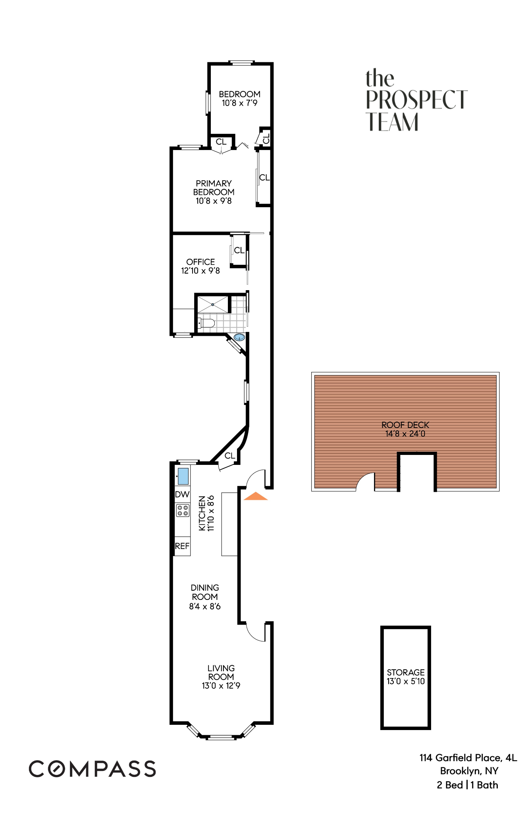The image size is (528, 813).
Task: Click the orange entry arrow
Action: click(x=256, y=496)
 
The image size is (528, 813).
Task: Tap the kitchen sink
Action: click(x=183, y=476)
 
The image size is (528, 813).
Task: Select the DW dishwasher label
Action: click(x=182, y=494)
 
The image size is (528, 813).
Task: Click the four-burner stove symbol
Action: click(x=183, y=510)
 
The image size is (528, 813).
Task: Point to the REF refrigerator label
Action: click(x=182, y=546)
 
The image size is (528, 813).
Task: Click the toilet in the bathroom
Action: click(x=207, y=323)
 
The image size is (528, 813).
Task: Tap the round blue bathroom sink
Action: click(x=239, y=337)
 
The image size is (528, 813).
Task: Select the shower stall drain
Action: click(x=213, y=304)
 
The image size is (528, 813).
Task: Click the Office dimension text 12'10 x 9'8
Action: click(x=200, y=271)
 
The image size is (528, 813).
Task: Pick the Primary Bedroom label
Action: click(x=214, y=188)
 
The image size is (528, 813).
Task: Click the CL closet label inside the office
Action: click(x=239, y=250)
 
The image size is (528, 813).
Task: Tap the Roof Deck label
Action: click(x=405, y=425)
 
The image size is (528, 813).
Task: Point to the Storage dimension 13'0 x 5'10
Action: click(x=406, y=681)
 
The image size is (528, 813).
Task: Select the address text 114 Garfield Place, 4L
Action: click(x=468, y=758)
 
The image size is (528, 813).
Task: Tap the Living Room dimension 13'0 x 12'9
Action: click(x=221, y=686)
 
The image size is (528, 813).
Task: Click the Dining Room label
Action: click(x=205, y=592)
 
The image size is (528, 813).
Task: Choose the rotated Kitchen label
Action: click(x=202, y=513)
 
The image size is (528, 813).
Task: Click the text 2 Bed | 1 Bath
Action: click(x=467, y=785)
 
